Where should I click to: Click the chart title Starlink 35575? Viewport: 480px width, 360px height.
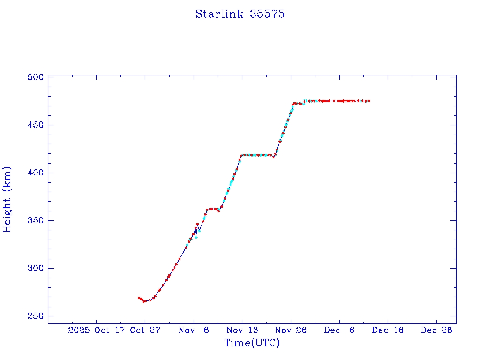240,14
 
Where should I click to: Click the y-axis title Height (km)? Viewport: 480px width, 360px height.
7,199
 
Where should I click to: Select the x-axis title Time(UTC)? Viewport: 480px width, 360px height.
252,343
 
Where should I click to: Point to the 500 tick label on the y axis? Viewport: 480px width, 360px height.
36,77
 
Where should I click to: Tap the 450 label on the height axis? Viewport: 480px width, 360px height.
36,125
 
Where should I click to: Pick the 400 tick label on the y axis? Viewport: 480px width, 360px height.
36,172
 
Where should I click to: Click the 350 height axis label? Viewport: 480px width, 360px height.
36,220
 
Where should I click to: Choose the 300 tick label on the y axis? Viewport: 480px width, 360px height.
36,268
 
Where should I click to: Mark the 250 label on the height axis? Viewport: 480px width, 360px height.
36,316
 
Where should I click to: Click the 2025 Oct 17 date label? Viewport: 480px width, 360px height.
96,330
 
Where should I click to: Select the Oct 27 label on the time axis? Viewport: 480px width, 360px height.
145,330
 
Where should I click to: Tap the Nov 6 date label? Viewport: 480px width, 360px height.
194,330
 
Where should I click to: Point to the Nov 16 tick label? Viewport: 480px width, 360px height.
242,330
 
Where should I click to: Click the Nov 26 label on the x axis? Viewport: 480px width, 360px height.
291,330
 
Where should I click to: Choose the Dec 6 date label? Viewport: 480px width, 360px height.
339,330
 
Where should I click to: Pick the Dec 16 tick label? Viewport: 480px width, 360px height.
388,330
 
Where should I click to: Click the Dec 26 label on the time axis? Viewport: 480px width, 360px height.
436,330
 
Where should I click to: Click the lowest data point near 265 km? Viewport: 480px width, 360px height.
144,301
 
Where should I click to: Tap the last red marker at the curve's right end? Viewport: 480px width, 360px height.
369,101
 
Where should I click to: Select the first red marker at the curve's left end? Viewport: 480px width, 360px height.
139,298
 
